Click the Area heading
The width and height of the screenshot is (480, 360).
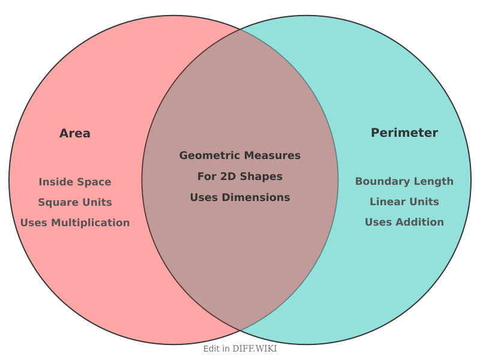[75, 133]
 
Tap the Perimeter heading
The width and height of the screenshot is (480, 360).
[404, 133]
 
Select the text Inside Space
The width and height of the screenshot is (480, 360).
[75, 182]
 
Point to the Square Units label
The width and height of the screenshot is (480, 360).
[75, 202]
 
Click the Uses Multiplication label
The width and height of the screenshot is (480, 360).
[75, 223]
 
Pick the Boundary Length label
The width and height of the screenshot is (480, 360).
[404, 181]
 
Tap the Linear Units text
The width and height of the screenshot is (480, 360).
[404, 202]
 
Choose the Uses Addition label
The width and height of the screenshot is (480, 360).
[404, 222]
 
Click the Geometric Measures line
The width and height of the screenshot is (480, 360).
[240, 155]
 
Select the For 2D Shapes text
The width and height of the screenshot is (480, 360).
[240, 176]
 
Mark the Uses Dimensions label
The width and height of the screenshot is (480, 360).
[240, 197]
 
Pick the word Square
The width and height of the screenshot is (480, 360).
[57, 202]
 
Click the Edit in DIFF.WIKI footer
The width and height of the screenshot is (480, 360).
[240, 349]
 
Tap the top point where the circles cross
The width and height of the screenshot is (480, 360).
[240, 29]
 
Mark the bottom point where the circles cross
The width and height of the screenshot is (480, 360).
[240, 331]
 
